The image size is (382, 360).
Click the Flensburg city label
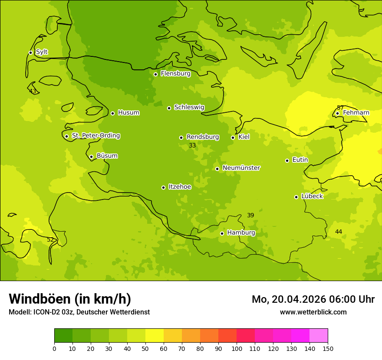tap(175, 74)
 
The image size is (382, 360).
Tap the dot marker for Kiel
tap(233, 137)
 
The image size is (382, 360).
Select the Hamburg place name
tap(241, 233)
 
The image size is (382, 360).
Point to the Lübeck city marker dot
tap(296, 197)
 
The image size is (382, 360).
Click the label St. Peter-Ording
tap(95, 136)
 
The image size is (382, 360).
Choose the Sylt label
tap(42, 52)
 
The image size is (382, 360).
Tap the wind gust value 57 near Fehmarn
tap(340, 108)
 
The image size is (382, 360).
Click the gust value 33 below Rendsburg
tap(192, 146)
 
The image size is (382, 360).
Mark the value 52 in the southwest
tap(50, 239)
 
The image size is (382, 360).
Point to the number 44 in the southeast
tap(339, 232)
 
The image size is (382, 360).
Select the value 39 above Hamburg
tap(250, 216)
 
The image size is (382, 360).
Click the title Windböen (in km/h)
tap(70, 299)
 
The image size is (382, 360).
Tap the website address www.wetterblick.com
tap(313, 312)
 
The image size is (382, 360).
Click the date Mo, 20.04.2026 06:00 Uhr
tap(313, 299)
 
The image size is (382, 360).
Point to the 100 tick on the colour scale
tap(237, 348)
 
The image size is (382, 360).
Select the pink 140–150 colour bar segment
tap(319, 336)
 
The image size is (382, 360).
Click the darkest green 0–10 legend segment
tap(63, 336)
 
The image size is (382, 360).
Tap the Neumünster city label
tap(241, 168)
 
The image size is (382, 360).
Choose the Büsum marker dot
tap(91, 157)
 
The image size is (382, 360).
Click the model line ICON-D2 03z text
tap(79, 312)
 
